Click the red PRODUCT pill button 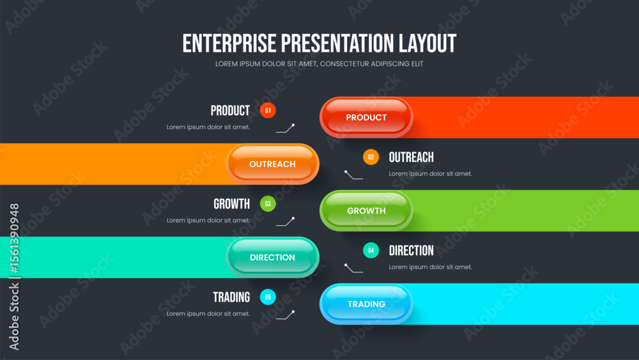[366, 118]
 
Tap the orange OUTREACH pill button [272, 164]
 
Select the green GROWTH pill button [366, 211]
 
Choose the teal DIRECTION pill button [272, 257]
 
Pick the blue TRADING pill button [366, 304]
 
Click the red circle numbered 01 [268, 111]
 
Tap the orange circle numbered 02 [371, 157]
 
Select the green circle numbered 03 [268, 204]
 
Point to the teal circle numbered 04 [371, 250]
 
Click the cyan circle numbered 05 [268, 297]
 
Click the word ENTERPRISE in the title [229, 43]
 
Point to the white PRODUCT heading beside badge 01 [230, 111]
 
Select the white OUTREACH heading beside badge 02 [411, 157]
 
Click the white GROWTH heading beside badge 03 [231, 204]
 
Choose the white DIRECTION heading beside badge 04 [411, 250]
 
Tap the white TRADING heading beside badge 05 [231, 297]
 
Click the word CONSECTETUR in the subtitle [345, 64]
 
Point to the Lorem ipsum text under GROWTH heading [208, 221]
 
